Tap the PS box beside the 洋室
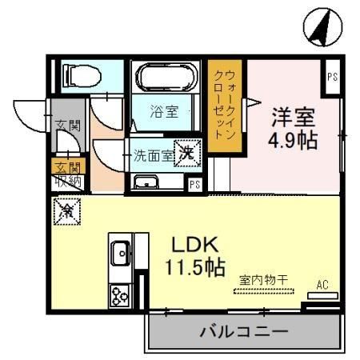[x=332, y=77]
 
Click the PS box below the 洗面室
[x=194, y=184]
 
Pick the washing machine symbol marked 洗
[x=186, y=152]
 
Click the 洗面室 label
[x=152, y=155]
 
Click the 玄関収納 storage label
[x=68, y=173]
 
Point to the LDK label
[x=195, y=245]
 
